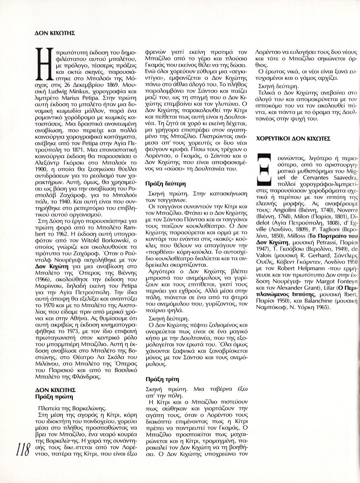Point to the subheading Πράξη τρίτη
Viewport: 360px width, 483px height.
coord(161,379)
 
